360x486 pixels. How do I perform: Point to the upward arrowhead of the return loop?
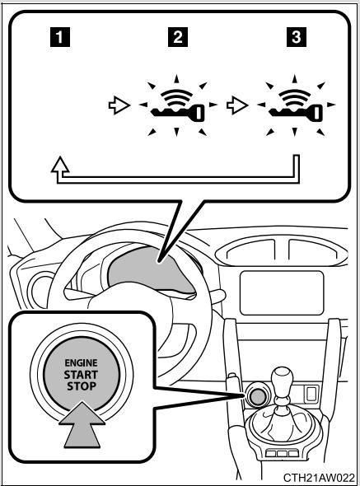(58, 166)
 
